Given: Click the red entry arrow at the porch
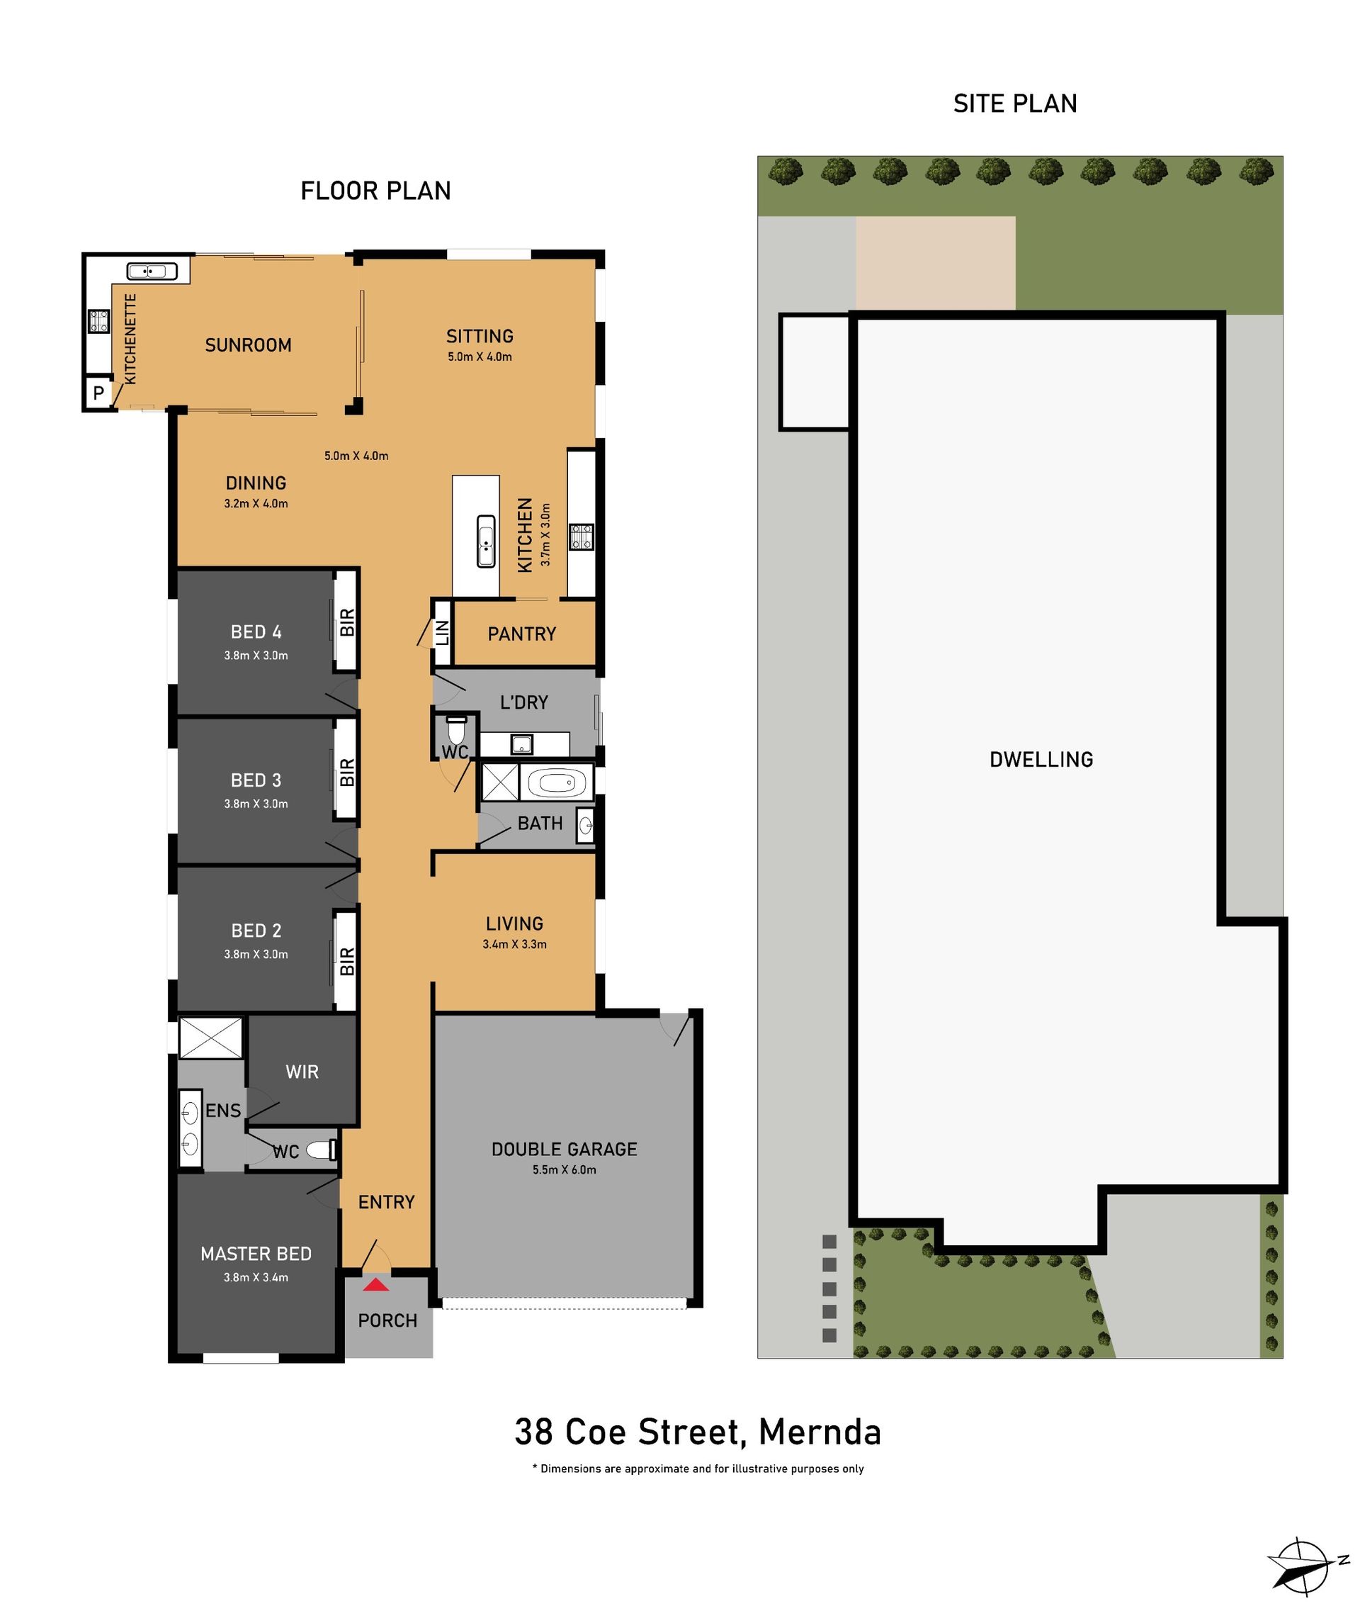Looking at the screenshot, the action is click(376, 1284).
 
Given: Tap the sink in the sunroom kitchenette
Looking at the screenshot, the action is click(152, 271).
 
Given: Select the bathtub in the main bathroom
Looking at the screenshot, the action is click(557, 784).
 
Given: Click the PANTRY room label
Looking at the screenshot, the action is click(522, 634).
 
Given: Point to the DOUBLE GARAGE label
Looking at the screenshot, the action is click(565, 1150).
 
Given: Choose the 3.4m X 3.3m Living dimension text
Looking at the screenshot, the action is click(514, 944).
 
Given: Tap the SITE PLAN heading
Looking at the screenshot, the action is click(1014, 103).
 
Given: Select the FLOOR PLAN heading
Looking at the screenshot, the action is click(375, 191).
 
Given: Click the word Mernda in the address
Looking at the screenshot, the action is click(820, 1432).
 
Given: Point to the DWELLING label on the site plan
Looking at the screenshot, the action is click(1041, 760).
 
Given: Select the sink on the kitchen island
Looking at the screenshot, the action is click(486, 541).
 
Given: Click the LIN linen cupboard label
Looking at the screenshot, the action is click(443, 634).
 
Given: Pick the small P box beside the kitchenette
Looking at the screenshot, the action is click(98, 393).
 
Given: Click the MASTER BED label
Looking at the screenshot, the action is click(256, 1254).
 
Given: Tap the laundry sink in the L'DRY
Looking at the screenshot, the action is click(522, 744).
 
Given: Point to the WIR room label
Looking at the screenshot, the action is click(302, 1072).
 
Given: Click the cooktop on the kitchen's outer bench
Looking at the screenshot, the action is click(582, 536).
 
